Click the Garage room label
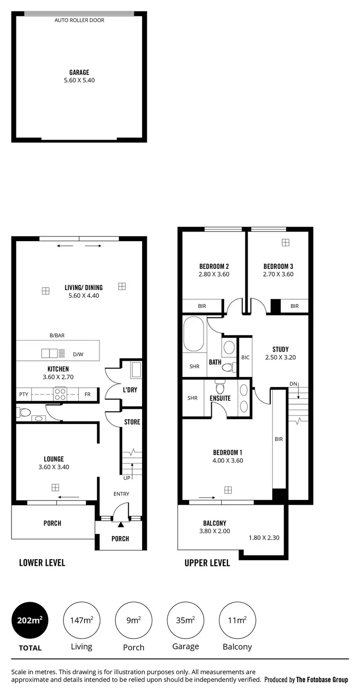pos(79,73)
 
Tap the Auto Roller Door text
pos(79,21)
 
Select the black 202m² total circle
pos(30,620)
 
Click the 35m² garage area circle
pos(185,620)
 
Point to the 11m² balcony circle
pos(237,620)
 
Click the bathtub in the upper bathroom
pos(194,334)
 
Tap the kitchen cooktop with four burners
pos(60,394)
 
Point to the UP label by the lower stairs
pos(127,478)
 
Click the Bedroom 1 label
pos(228,452)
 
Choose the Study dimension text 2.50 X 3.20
pos(280,357)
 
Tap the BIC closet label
pos(245,357)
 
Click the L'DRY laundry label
pos(130,390)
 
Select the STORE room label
pos(132,422)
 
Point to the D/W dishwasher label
pos(78,354)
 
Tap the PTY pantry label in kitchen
pos(24,394)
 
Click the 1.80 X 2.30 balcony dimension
pos(264,537)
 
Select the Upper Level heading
pos(207,562)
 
